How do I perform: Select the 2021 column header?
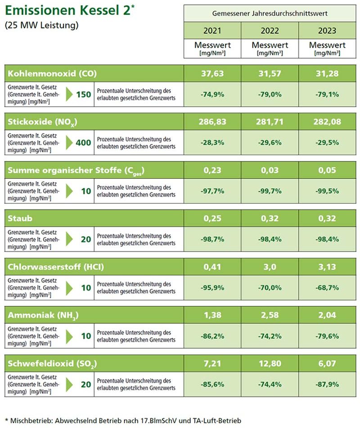(x=212, y=31)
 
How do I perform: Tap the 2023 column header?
(x=327, y=31)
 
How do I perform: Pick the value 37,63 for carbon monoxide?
(x=212, y=73)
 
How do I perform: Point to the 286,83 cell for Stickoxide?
(x=212, y=122)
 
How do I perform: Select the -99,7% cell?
(x=270, y=191)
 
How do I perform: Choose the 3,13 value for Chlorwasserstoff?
(x=327, y=267)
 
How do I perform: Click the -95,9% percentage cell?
(x=212, y=287)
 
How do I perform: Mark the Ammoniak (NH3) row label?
(x=43, y=315)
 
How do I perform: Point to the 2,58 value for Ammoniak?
(x=270, y=315)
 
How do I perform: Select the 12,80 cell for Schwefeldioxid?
(x=270, y=364)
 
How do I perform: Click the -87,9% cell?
(x=327, y=384)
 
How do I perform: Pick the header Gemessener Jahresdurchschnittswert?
(x=270, y=14)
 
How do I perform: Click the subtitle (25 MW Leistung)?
(x=41, y=25)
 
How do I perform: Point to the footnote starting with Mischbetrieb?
(x=126, y=419)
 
